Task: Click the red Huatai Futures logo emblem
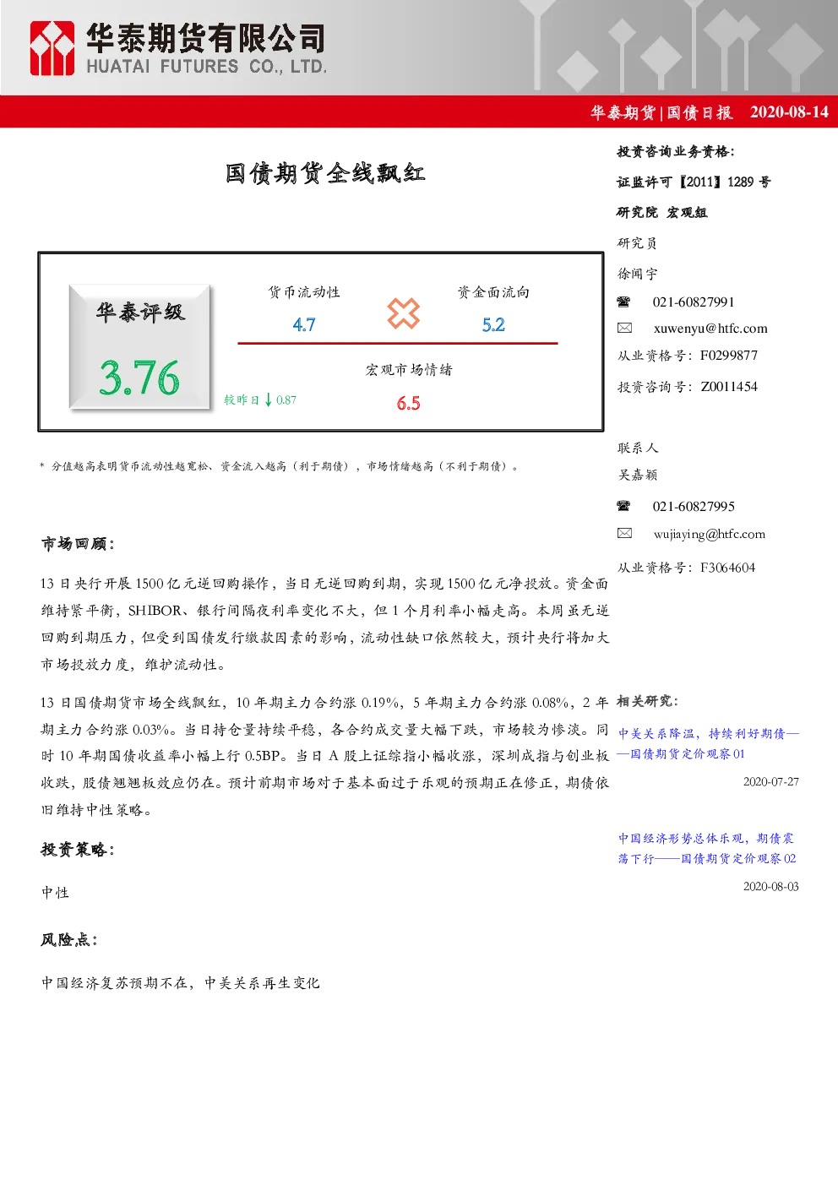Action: coord(52,48)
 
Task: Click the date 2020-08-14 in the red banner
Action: coord(789,112)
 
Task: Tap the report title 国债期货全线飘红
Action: coord(325,173)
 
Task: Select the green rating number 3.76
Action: coord(139,378)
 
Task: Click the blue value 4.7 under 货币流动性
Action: coord(304,325)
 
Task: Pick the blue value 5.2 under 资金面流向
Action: coord(493,325)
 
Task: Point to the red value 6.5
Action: coord(408,404)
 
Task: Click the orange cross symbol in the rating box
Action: coord(404,313)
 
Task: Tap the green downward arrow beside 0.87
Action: coord(269,400)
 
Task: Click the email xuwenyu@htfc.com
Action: coord(710,329)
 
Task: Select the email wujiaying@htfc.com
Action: coord(710,534)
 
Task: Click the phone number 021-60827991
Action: coord(694,302)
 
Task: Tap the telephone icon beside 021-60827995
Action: coord(623,506)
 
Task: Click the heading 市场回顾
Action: coord(78,543)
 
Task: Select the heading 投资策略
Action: coord(78,849)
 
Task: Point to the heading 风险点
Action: coord(69,939)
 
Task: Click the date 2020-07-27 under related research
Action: coord(770,781)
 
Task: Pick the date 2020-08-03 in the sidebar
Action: coord(770,886)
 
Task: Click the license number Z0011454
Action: coord(729,387)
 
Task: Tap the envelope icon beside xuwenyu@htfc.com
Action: coord(624,328)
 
